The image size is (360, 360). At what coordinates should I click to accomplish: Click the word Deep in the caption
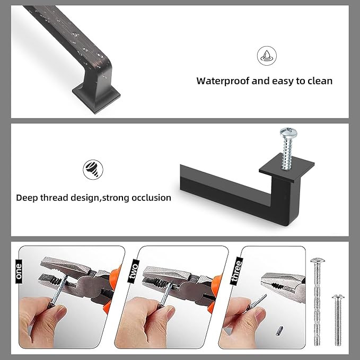point(27,198)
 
